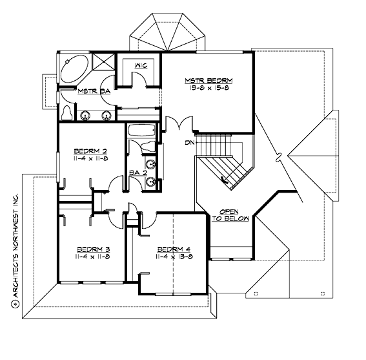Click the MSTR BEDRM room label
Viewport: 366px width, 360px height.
pos(208,80)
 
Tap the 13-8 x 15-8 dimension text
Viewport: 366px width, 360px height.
pos(208,89)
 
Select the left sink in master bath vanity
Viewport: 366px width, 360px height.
pos(86,115)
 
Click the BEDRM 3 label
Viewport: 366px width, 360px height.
pos(92,248)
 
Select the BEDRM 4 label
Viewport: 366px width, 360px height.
pos(172,248)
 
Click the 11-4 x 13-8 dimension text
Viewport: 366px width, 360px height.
pos(172,257)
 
